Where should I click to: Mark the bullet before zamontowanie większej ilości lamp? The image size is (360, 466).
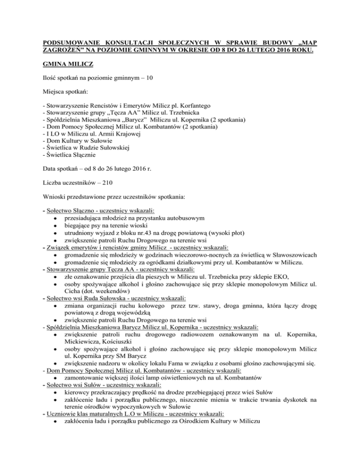pyautogui.click(x=55, y=386)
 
